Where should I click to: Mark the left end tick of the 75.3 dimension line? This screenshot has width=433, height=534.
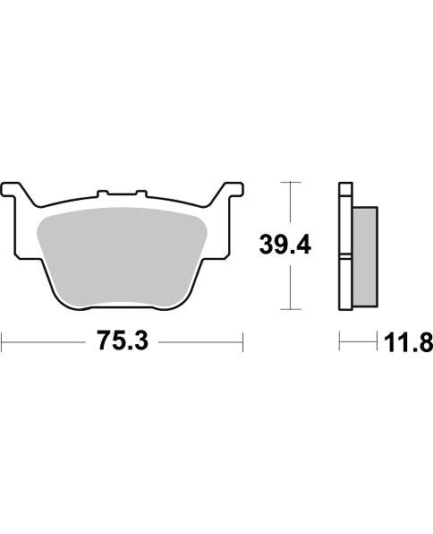click(3, 341)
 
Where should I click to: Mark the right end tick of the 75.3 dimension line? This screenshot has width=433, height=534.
click(242, 341)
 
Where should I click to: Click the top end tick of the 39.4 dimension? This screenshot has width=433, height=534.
click(287, 182)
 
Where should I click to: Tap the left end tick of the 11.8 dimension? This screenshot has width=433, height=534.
click(339, 341)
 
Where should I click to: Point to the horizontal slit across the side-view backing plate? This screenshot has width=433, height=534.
click(346, 259)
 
